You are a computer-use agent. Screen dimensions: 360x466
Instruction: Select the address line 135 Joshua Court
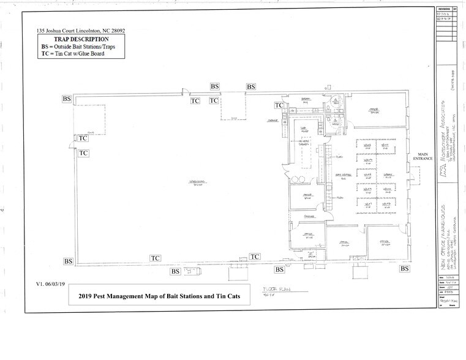pyautogui.click(x=80, y=29)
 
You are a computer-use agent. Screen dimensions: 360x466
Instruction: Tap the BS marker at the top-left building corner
pyautogui.click(x=67, y=98)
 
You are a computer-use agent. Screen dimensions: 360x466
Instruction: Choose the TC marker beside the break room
pyautogui.click(x=278, y=105)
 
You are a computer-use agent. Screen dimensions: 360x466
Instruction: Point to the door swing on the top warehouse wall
pyautogui.click(x=181, y=93)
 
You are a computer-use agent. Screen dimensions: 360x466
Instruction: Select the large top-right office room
pyautogui.click(x=374, y=110)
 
